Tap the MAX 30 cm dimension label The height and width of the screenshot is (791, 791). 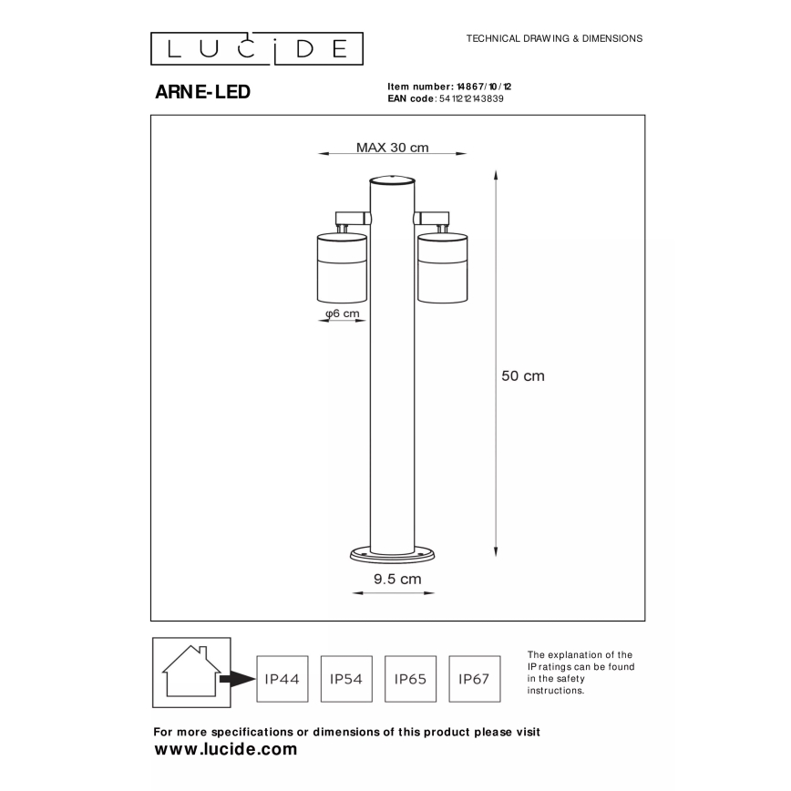[392, 148]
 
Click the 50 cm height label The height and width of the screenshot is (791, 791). [523, 375]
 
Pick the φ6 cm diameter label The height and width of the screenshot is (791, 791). [342, 313]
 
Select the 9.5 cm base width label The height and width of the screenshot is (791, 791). [395, 578]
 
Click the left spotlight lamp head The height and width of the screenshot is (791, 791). [342, 267]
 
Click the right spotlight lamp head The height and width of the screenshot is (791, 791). [441, 267]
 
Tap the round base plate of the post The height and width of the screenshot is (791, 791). [393, 552]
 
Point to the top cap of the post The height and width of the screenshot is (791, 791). [392, 180]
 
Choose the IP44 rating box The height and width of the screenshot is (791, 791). [282, 679]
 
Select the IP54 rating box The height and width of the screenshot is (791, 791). [346, 679]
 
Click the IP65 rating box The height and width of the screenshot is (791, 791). [411, 679]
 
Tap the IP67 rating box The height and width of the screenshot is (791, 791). [475, 679]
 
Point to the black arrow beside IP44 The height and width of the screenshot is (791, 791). [239, 679]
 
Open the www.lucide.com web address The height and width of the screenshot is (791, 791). [226, 750]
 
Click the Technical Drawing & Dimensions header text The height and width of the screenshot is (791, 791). [554, 39]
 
